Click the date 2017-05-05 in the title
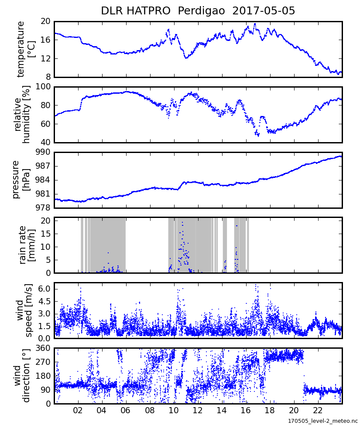[x=264, y=11]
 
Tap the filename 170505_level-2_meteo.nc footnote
[x=322, y=421]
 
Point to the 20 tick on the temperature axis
[x=46, y=21]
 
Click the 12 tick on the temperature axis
[x=46, y=58]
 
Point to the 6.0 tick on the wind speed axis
[x=44, y=289]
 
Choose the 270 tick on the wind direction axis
[x=44, y=362]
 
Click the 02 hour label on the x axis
[x=78, y=410]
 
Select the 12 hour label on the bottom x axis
[x=198, y=410]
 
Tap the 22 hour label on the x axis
[x=318, y=410]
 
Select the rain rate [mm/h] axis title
[x=26, y=245]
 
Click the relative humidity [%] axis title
[x=22, y=114]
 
